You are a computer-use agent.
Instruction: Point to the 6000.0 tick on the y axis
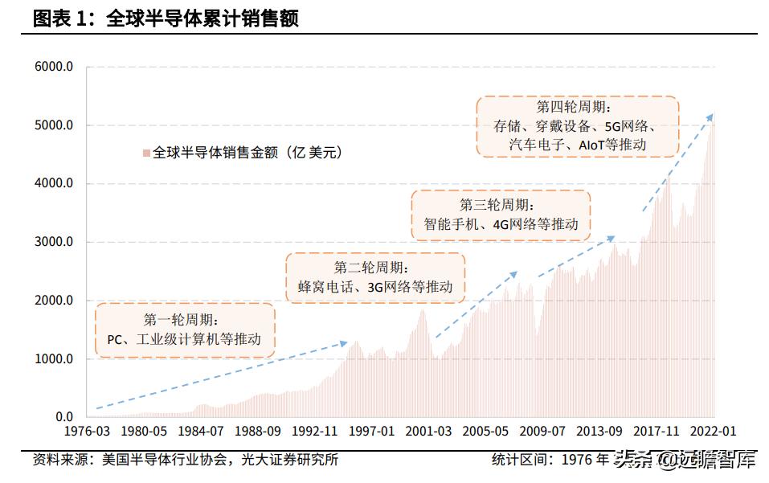pyautogui.click(x=54, y=67)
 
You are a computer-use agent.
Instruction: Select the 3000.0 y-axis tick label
pyautogui.click(x=54, y=242)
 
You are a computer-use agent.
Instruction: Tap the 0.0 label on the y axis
pyautogui.click(x=63, y=417)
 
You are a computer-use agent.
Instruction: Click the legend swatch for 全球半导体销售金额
pyautogui.click(x=145, y=152)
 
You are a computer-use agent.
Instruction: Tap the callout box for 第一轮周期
pyautogui.click(x=184, y=330)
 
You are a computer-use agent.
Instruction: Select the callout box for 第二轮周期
pyautogui.click(x=376, y=277)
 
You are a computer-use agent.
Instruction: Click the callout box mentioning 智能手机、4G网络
pyautogui.click(x=501, y=215)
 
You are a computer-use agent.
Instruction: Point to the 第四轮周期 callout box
pyautogui.click(x=577, y=125)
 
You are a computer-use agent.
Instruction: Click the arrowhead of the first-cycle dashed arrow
pyautogui.click(x=345, y=343)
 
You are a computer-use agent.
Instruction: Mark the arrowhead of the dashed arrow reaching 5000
pyautogui.click(x=710, y=117)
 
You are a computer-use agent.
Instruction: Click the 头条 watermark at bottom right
pyautogui.click(x=631, y=461)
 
